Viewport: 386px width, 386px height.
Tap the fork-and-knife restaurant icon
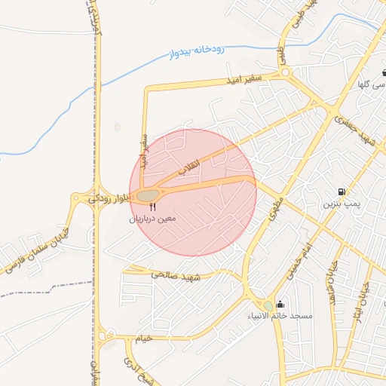coord(153,206)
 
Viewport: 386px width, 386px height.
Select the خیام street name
coord(142,339)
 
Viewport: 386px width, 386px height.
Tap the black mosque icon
coord(280,304)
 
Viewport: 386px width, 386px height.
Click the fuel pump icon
coord(343,191)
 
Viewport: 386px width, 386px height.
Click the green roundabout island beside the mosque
coord(269,305)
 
